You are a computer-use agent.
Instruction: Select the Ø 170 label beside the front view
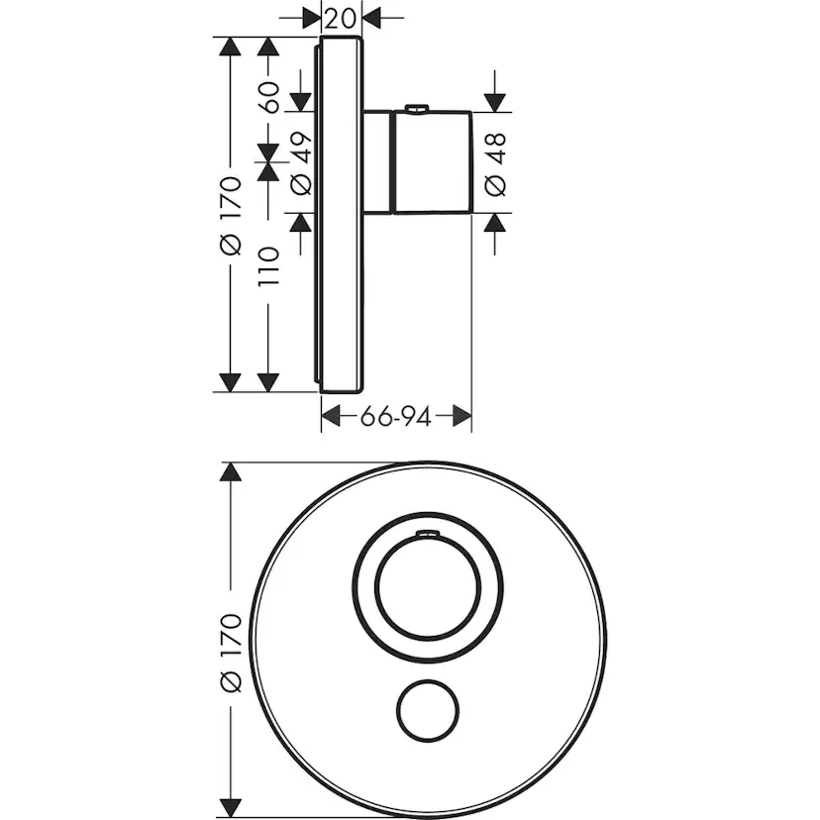coord(230,653)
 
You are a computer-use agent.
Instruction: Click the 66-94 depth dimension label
coord(395,417)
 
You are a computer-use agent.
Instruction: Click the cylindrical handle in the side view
coord(431,162)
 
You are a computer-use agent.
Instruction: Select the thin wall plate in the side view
coord(341,214)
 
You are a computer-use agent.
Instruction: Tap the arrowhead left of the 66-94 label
coord(332,417)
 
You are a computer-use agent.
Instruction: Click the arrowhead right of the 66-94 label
coord(461,417)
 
